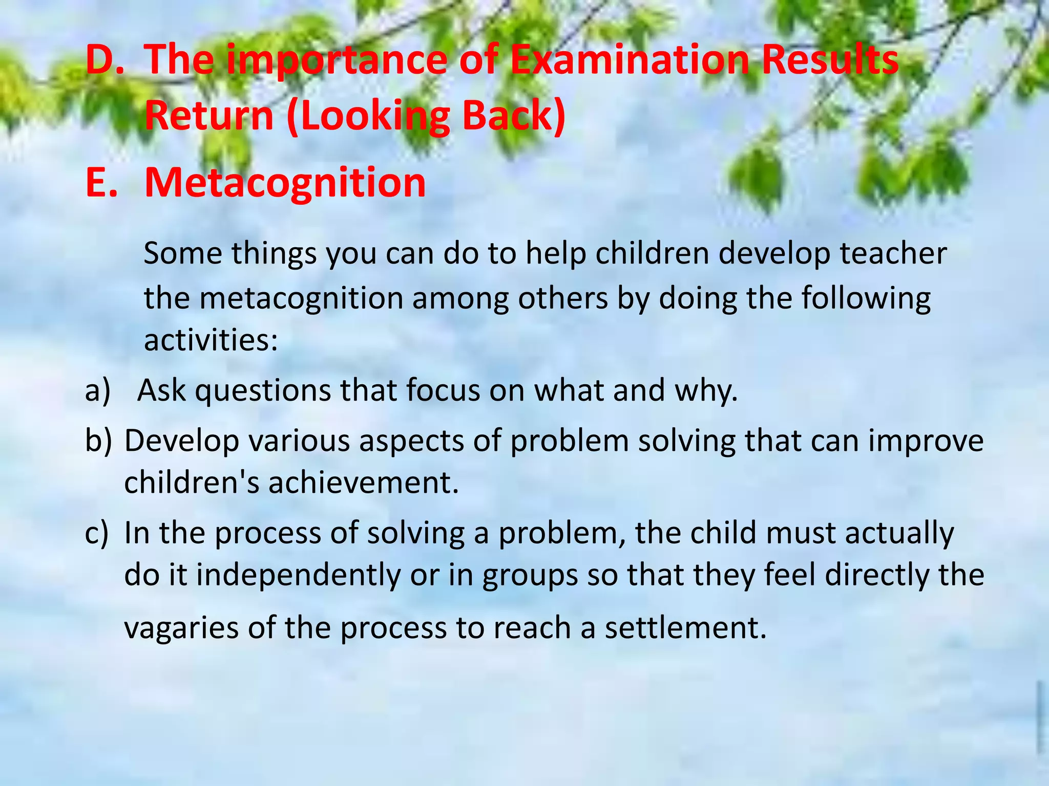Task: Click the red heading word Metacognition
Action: (x=285, y=183)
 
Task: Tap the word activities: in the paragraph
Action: (x=211, y=339)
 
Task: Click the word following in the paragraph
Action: (x=866, y=298)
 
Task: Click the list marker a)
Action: (x=98, y=390)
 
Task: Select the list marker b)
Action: (x=98, y=440)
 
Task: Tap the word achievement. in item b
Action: (x=363, y=482)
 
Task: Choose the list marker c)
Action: (x=97, y=533)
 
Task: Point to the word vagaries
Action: (x=181, y=628)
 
